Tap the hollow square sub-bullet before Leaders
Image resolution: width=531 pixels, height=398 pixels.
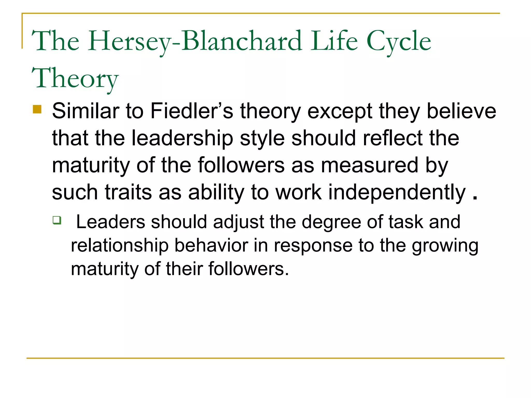(57, 220)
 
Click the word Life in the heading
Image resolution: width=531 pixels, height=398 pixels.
(335, 41)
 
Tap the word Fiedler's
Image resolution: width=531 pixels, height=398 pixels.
(192, 111)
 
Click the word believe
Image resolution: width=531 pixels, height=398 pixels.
(461, 111)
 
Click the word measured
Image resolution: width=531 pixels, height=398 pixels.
(369, 165)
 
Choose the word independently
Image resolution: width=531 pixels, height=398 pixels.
(397, 193)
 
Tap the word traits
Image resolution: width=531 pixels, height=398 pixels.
(128, 193)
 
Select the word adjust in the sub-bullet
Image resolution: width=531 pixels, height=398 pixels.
(238, 222)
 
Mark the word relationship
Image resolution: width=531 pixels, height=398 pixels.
(120, 245)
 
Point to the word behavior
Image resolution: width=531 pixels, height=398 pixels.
(211, 245)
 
